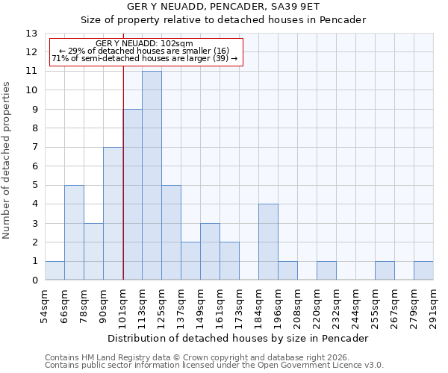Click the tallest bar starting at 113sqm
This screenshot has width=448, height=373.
152,175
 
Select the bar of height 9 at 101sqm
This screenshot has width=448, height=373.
132,195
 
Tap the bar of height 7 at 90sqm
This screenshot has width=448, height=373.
113,213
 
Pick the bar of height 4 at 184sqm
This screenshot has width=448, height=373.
268,242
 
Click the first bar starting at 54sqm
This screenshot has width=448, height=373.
55,271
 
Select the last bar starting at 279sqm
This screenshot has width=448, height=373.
423,271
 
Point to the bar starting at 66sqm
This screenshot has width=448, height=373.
74,233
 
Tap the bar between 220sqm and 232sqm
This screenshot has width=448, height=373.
326,271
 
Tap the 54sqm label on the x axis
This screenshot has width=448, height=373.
46,304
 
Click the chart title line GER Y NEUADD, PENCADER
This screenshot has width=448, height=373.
223,7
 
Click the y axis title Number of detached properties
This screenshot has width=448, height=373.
7,161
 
